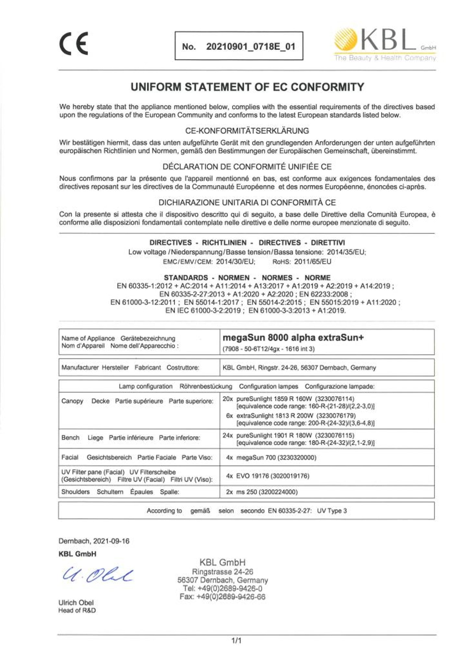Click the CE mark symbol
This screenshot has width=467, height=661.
[74, 44]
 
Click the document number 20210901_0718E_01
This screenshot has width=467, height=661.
[251, 47]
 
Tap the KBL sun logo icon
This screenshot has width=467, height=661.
[346, 41]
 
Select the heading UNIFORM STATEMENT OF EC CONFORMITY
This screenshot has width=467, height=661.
[247, 87]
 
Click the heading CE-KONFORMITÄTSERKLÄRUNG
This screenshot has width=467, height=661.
[247, 131]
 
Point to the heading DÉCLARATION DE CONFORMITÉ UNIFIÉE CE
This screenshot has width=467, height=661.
[247, 167]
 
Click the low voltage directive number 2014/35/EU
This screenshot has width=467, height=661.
[346, 252]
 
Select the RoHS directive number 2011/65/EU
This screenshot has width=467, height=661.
[313, 262]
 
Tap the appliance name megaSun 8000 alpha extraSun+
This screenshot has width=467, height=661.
[293, 337]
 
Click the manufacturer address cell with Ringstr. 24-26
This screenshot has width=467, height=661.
[299, 368]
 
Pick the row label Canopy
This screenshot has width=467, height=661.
[72, 401]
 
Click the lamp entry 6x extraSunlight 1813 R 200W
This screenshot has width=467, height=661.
[291, 416]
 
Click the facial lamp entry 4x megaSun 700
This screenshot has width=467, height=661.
[271, 458]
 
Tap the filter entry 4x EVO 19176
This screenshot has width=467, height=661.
[268, 476]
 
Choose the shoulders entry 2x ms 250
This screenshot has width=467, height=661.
[262, 492]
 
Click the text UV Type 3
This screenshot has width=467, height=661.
[332, 511]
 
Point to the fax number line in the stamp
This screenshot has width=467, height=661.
[222, 597]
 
